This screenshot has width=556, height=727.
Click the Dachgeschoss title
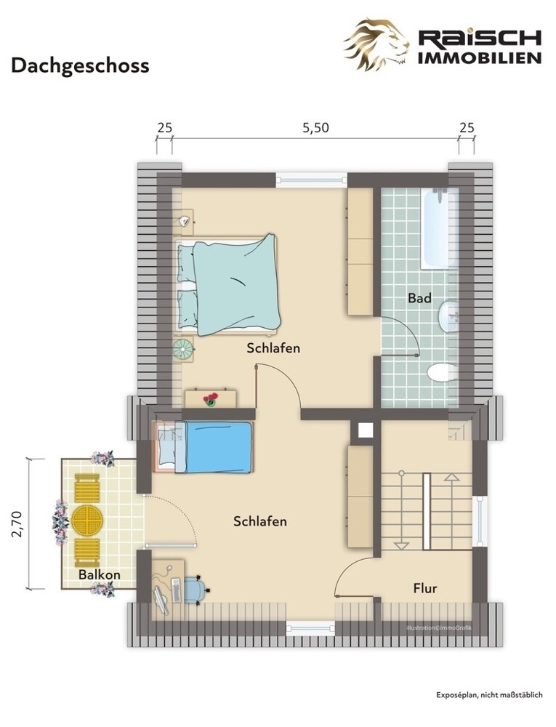(80, 66)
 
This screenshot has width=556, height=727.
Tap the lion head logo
(376, 44)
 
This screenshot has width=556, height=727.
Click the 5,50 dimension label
(315, 127)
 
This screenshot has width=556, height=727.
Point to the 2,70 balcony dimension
(17, 523)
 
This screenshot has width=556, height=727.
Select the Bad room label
(419, 298)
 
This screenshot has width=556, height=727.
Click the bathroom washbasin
(448, 317)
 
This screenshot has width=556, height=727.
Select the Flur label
(425, 588)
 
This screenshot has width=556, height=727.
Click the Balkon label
(99, 575)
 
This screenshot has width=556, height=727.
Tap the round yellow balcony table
(87, 521)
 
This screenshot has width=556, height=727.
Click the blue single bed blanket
(219, 447)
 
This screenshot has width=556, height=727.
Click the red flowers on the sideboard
(210, 398)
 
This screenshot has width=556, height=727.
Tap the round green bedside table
(182, 349)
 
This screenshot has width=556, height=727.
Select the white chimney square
(366, 430)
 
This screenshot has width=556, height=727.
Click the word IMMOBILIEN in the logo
(480, 57)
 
